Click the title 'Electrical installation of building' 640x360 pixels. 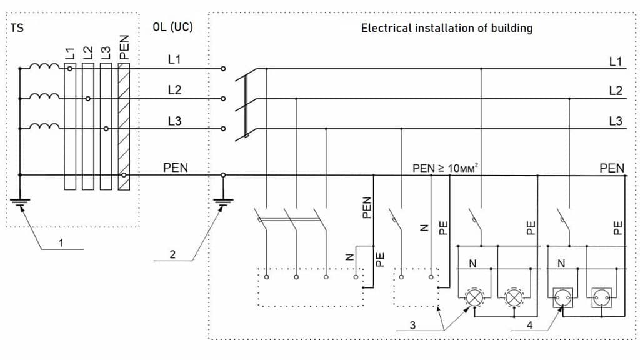click(447, 28)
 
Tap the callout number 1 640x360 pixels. click(61, 242)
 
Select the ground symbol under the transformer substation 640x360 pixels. click(20, 202)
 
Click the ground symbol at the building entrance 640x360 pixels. click(223, 202)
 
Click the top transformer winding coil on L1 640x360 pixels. click(45, 67)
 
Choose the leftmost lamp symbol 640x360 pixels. click(476, 296)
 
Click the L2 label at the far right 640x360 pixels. click(616, 91)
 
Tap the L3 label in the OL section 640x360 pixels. click(174, 121)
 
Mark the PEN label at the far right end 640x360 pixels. click(611, 168)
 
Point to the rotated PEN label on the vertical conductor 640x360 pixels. click(367, 207)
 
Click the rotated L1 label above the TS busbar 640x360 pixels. click(69, 54)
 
